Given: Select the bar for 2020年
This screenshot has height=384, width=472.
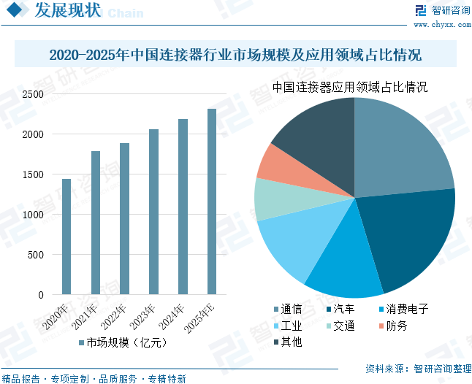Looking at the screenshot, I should pos(66,237).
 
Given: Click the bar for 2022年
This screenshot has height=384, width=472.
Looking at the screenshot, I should pos(124,219).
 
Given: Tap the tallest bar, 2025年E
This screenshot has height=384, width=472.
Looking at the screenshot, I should pos(212,201).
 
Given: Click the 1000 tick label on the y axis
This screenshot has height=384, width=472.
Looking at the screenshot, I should pos(33,215).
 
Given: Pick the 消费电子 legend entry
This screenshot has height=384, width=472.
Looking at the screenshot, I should pos(402,310).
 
